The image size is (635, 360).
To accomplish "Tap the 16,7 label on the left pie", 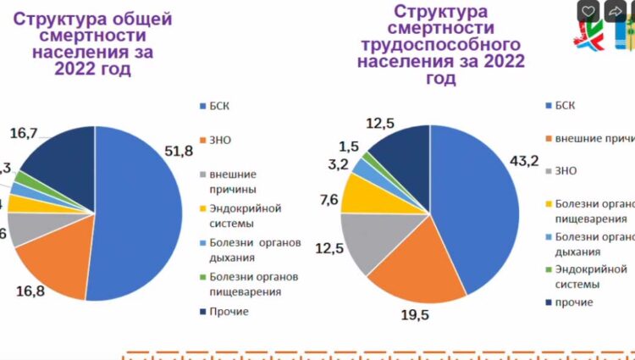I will tap(24, 132).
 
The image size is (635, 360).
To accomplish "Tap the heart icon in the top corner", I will tap(589, 11).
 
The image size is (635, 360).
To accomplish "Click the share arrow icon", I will tap(616, 11).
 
